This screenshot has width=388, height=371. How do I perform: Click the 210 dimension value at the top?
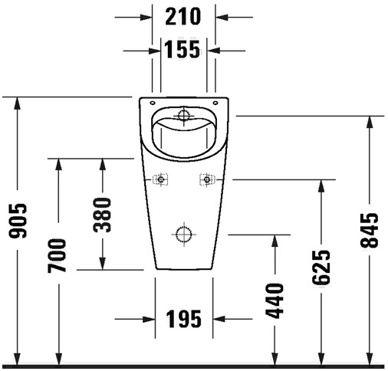pyautogui.click(x=183, y=16)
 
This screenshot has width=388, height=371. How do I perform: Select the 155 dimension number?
pyautogui.click(x=182, y=49)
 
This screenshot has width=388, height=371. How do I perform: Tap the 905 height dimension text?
pyautogui.click(x=18, y=221)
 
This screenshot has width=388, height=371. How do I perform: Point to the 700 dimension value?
pyautogui.click(x=57, y=255)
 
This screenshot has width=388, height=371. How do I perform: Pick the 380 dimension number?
pyautogui.click(x=102, y=215)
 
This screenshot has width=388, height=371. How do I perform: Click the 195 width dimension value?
pyautogui.click(x=184, y=319)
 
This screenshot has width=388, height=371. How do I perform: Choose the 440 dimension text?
pyautogui.click(x=275, y=300)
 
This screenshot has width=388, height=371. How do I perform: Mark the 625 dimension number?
pyautogui.click(x=321, y=268)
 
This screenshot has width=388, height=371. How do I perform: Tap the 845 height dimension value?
pyautogui.click(x=369, y=230)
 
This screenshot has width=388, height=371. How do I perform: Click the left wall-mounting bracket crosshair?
pyautogui.click(x=160, y=179)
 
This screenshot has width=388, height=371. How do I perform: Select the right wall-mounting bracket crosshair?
pyautogui.click(x=207, y=179)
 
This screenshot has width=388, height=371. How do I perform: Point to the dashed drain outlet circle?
pyautogui.click(x=184, y=235)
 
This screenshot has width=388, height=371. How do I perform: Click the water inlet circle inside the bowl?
pyautogui.click(x=183, y=115)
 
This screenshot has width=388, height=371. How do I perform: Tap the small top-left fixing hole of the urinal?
pyautogui.click(x=153, y=103)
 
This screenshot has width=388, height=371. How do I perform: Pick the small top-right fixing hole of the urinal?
pyautogui.click(x=215, y=103)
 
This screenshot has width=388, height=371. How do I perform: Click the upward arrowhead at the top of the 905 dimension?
pyautogui.click(x=18, y=103)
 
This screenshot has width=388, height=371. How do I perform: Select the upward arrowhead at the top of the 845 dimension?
pyautogui.click(x=369, y=122)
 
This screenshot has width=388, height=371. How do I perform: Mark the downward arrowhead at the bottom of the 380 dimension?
pyautogui.click(x=102, y=264)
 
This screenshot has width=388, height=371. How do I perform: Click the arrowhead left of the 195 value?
pyautogui.click(x=149, y=319)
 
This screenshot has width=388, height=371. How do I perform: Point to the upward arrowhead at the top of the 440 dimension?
pyautogui.click(x=275, y=241)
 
